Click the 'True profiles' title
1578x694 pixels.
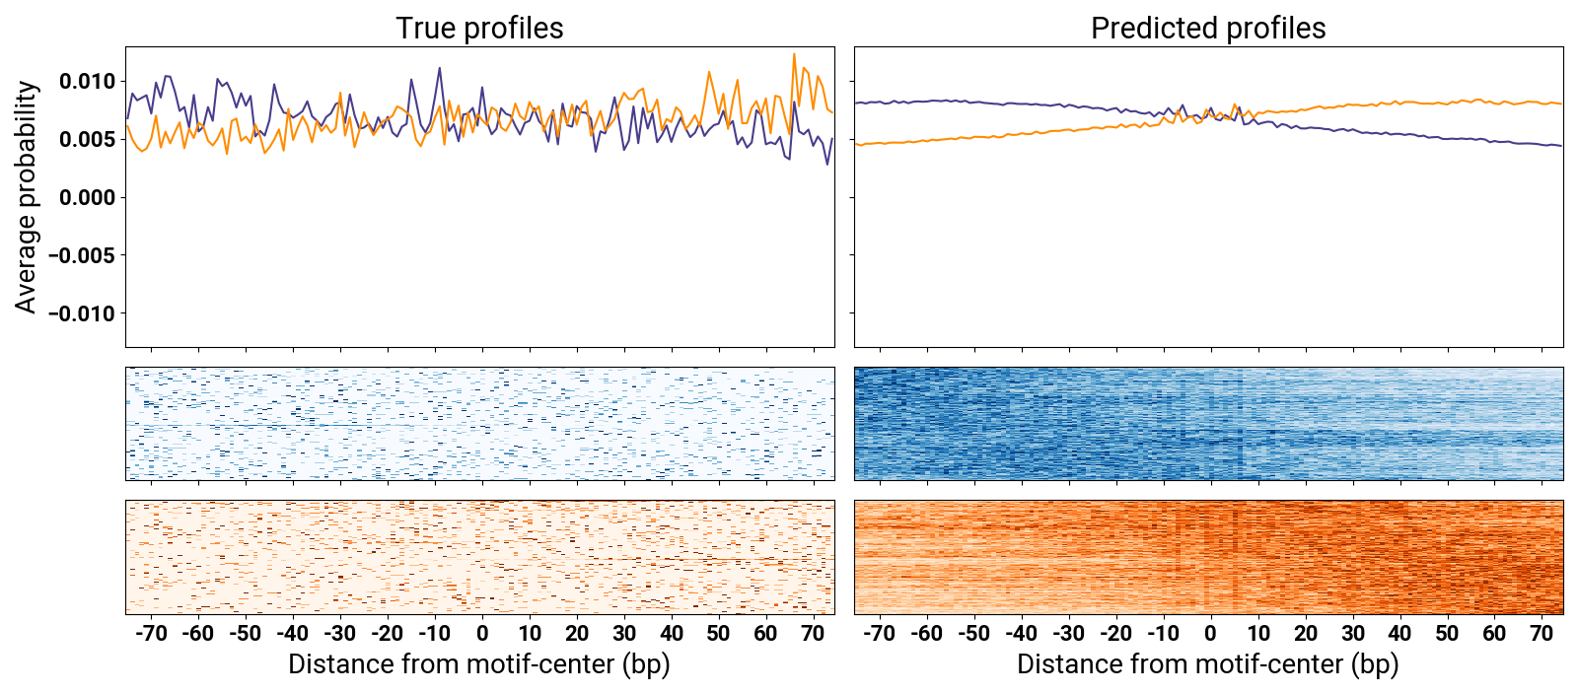coord(479,29)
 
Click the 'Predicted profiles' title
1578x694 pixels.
coord(1208,29)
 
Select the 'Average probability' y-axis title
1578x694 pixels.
coord(27,197)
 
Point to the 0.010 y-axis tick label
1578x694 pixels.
coord(87,81)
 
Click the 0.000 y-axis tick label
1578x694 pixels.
coord(87,197)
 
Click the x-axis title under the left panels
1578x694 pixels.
coord(479,664)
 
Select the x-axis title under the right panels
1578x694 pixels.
coord(1208,664)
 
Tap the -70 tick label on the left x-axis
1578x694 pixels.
coord(151,633)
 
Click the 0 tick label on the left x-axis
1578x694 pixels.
coord(482,633)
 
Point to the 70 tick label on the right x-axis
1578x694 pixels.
coord(1542,633)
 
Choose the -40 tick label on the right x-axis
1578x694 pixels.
coord(1021,633)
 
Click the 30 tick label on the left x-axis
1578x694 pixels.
coord(624,633)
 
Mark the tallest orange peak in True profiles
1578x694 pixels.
coord(794,54)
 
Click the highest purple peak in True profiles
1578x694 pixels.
coord(439,68)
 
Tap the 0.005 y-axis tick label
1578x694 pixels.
coord(87,139)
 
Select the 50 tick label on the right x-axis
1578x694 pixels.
coord(1447,633)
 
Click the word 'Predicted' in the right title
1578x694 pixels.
coord(1144,29)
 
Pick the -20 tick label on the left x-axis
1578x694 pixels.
coord(388,633)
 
